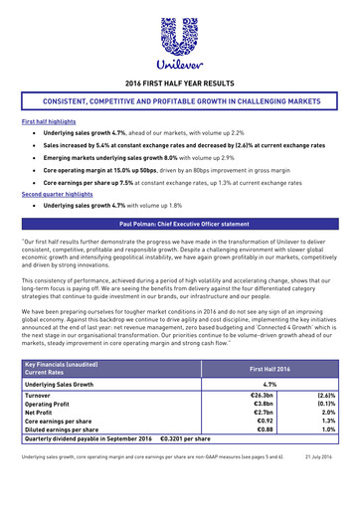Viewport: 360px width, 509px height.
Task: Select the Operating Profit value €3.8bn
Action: (x=265, y=405)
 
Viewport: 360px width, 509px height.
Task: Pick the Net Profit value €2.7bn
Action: (x=265, y=416)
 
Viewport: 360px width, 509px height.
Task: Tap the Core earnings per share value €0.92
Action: (x=266, y=425)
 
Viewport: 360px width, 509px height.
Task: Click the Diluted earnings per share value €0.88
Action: (x=266, y=435)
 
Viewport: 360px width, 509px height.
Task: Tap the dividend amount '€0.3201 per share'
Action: (x=184, y=445)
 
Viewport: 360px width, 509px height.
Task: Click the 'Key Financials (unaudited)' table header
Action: (x=67, y=363)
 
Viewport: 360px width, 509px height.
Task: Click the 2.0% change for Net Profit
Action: (x=330, y=416)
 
